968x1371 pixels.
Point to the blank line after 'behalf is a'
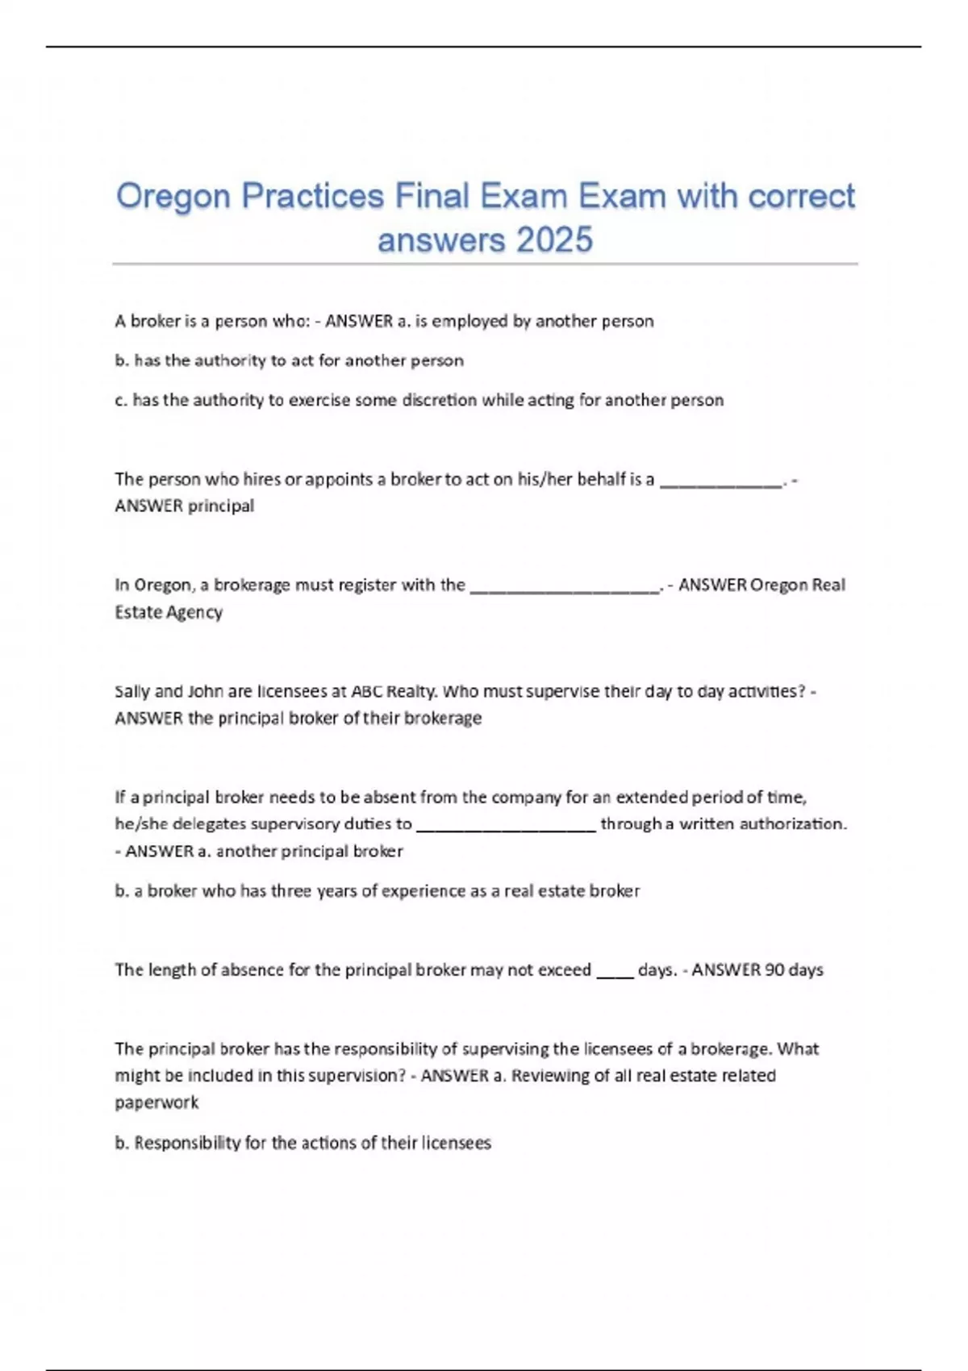(x=721, y=481)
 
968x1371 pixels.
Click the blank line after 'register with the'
(x=564, y=588)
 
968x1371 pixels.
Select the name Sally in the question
(x=132, y=691)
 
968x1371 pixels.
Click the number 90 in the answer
(x=774, y=969)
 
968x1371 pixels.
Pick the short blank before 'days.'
(x=615, y=973)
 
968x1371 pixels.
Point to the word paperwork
(x=156, y=1102)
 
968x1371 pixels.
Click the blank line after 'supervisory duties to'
(x=506, y=827)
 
